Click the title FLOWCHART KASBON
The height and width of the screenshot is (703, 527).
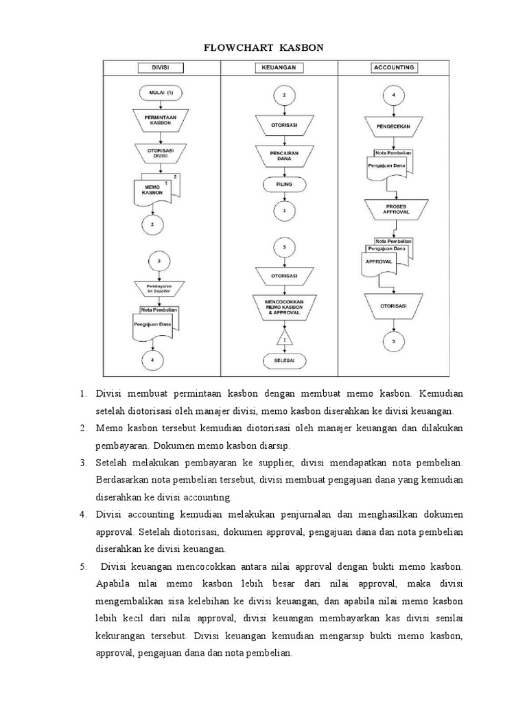pyautogui.click(x=263, y=48)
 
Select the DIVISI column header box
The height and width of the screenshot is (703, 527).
pyautogui.click(x=161, y=68)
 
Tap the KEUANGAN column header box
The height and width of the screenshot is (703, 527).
pyautogui.click(x=279, y=68)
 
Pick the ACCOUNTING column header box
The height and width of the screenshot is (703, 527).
pyautogui.click(x=394, y=68)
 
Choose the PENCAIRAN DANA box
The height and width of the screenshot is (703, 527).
pyautogui.click(x=284, y=157)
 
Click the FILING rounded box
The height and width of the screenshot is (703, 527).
pyautogui.click(x=284, y=184)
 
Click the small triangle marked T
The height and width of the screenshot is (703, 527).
pyautogui.click(x=284, y=338)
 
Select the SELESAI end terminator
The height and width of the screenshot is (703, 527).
pyautogui.click(x=284, y=360)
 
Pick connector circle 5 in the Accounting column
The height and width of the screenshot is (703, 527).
pyautogui.click(x=394, y=341)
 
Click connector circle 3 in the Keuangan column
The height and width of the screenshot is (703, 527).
pyautogui.click(x=284, y=212)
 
